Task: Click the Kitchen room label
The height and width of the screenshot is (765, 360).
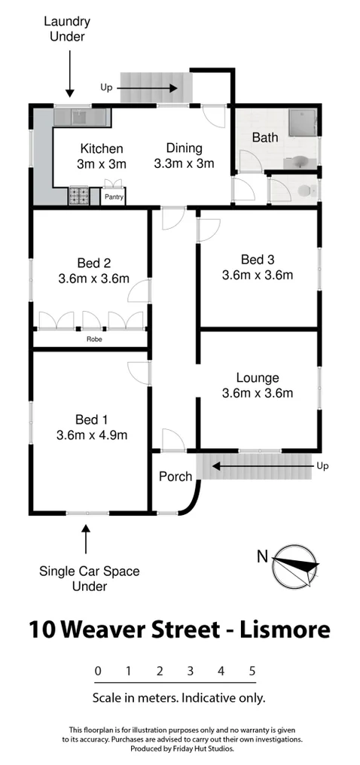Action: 102,149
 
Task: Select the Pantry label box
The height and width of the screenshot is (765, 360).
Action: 114,197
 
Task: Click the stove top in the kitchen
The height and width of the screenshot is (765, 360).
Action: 79,196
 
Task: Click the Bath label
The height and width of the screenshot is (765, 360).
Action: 264,138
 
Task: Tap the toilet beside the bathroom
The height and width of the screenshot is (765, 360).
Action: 304,190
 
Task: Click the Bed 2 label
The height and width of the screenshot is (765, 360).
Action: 94,263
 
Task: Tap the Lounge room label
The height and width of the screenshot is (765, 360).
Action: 258,378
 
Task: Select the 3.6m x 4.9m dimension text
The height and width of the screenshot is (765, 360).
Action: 92,434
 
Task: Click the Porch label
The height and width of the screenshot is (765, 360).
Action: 175,477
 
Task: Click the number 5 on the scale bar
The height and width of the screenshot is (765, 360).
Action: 252,670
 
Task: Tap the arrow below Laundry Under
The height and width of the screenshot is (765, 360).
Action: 69,78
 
